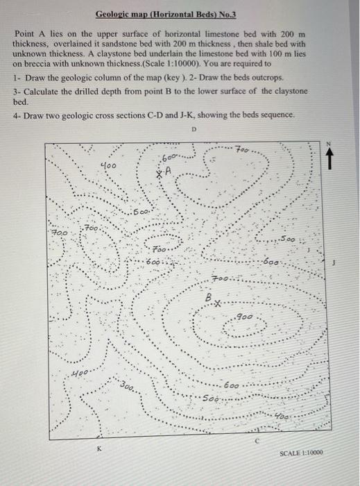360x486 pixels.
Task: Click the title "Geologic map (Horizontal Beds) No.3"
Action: pos(166,14)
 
